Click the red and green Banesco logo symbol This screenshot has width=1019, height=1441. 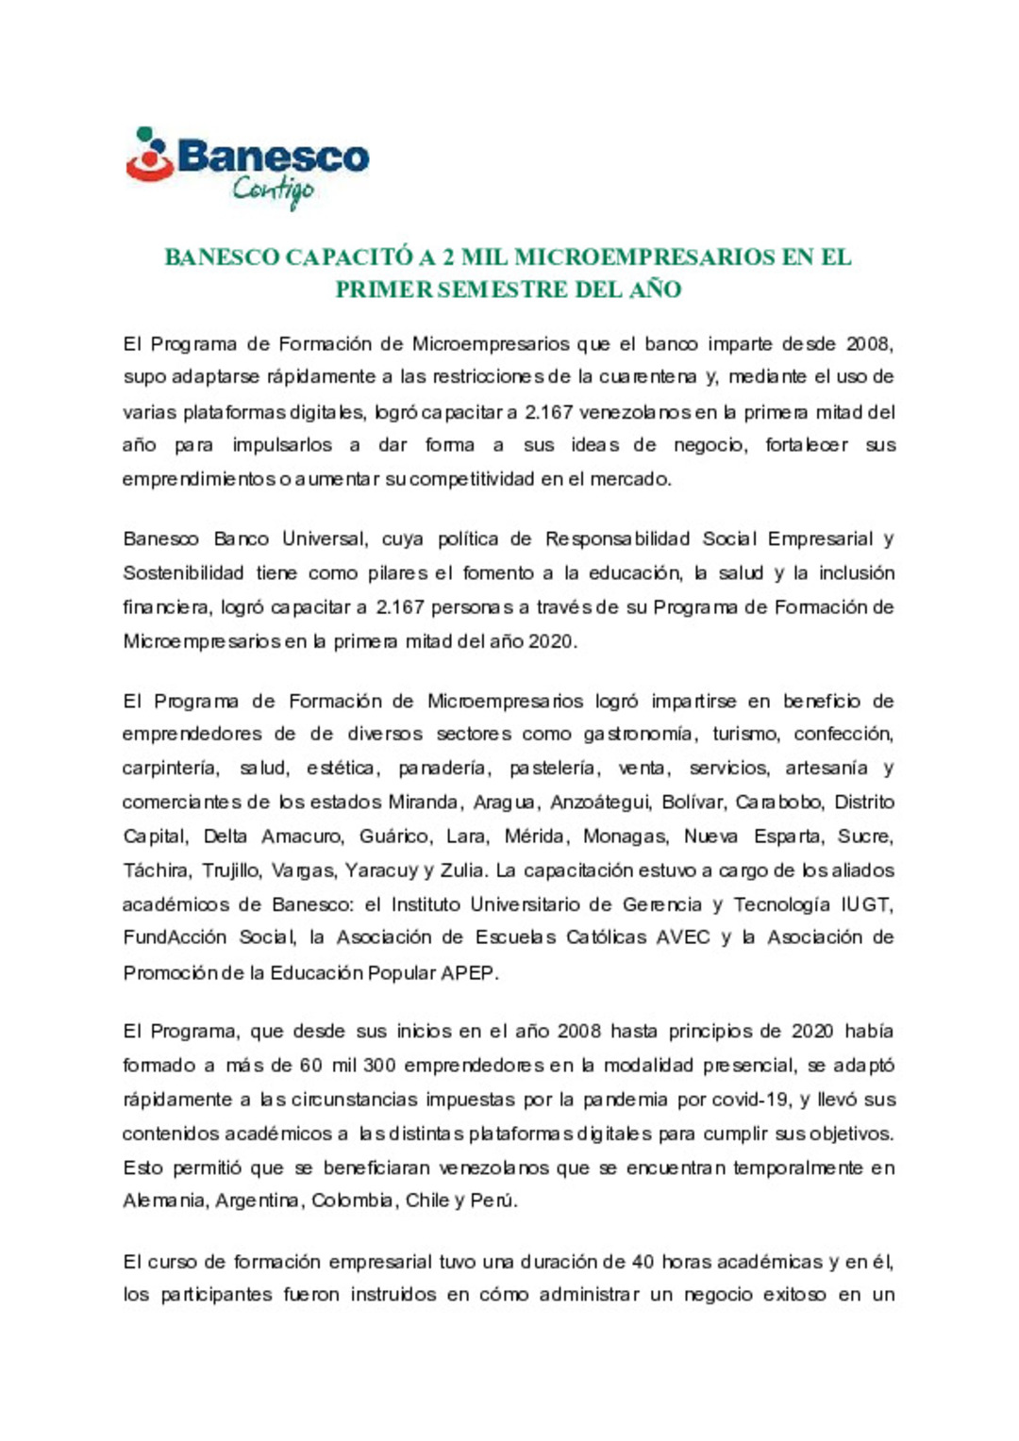point(150,156)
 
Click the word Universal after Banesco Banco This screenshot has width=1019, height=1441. point(324,539)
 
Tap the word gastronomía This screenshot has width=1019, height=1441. point(639,735)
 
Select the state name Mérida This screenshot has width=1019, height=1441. point(535,836)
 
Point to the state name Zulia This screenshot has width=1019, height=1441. point(462,870)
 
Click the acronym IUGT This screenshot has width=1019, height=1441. point(866,904)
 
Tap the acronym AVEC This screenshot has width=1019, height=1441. point(683,937)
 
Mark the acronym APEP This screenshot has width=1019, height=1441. point(468,972)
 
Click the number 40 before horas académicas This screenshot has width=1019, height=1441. point(643,1262)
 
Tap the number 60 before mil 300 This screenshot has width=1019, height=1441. point(310,1066)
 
